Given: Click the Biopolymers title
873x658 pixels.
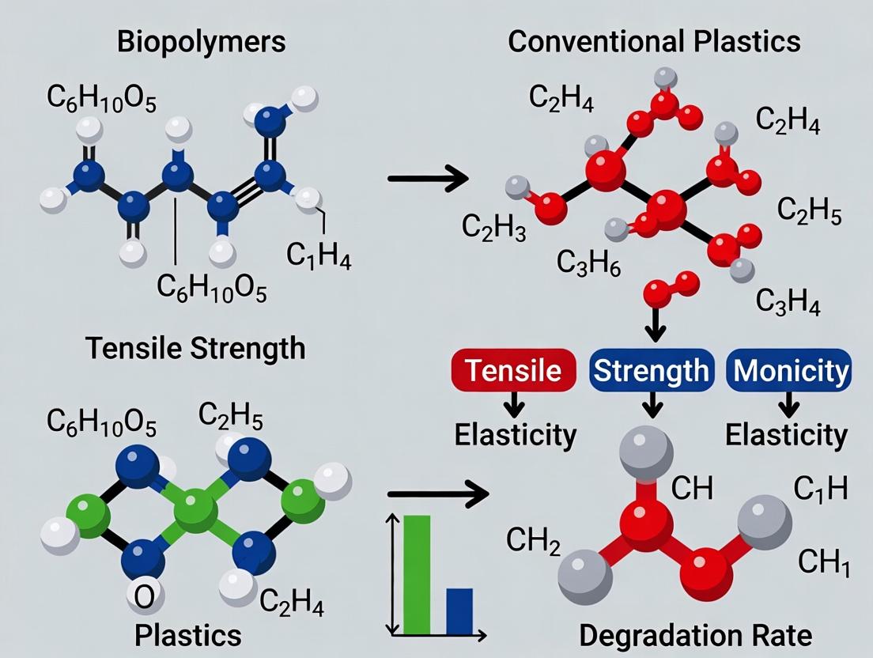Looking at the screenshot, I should pos(201,42).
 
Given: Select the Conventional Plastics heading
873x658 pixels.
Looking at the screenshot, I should pos(654,42).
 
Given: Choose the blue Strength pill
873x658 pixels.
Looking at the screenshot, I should pos(652,370).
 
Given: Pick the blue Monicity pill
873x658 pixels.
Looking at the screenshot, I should pos(788,370).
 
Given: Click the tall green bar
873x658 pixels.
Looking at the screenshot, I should pos(417,574).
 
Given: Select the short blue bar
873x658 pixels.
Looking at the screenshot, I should pos(459,611).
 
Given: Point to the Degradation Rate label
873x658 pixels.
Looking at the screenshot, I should pos(695,635).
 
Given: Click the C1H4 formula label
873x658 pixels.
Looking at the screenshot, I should pos(318,257).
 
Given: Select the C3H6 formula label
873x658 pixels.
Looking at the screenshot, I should pos(588,262).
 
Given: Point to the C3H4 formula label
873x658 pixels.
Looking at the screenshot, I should pos(788,301).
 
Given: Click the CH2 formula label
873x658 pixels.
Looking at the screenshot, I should pos(533,542).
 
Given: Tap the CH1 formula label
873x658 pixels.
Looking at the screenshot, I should pos(824,563).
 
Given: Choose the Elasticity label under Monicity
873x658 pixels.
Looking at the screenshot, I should pos(786,435).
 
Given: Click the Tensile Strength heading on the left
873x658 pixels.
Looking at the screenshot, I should pos(195,348).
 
